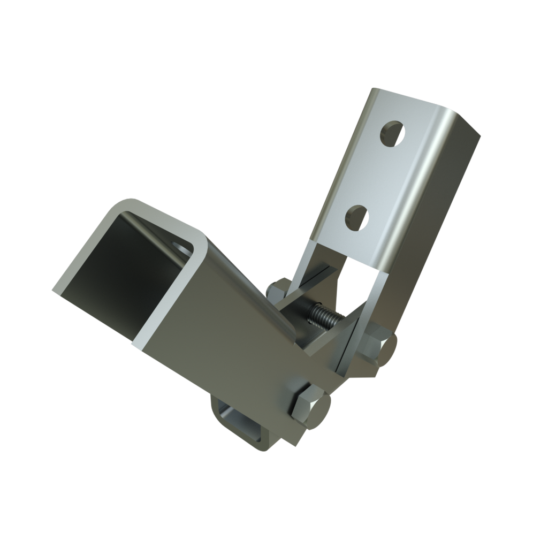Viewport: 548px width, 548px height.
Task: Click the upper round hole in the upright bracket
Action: coord(392,133)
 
